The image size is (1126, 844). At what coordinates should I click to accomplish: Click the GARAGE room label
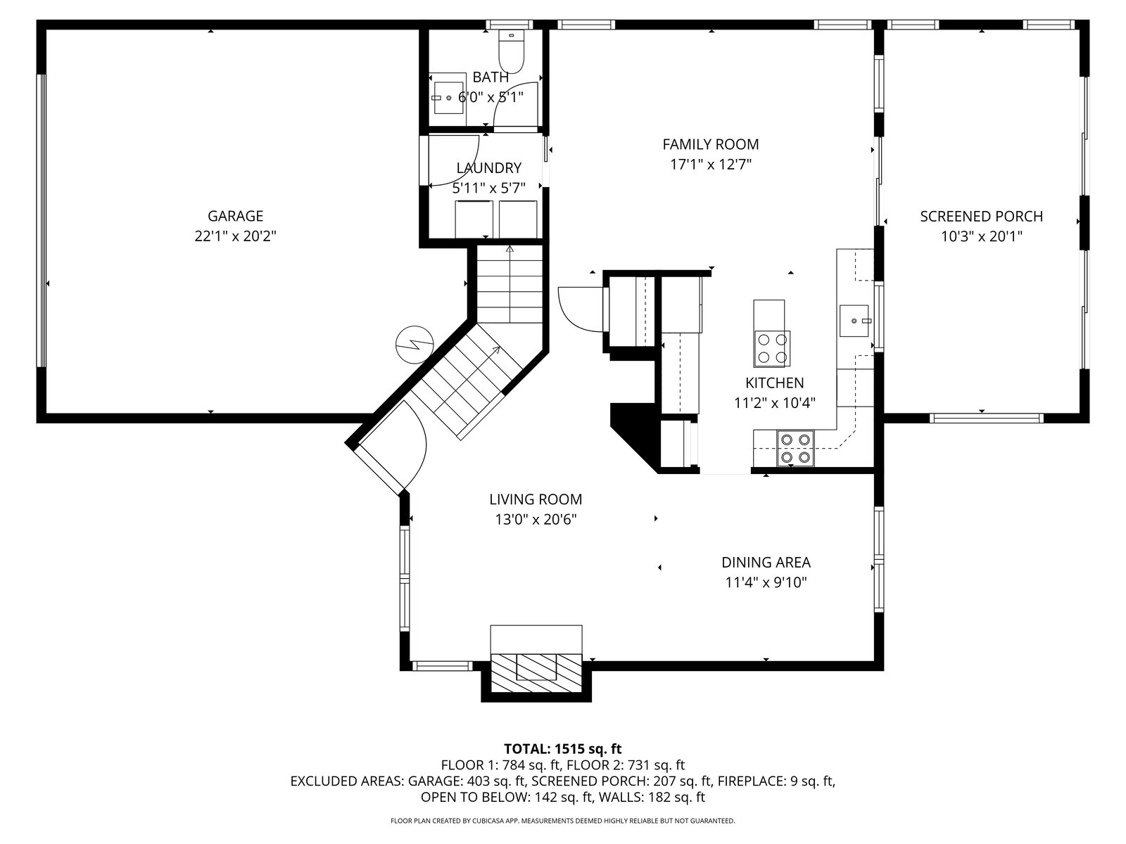(235, 216)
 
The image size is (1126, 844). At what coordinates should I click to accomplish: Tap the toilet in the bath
(511, 51)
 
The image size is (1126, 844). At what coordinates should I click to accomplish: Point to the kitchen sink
(854, 321)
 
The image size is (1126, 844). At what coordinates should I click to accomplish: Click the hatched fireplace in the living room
(536, 673)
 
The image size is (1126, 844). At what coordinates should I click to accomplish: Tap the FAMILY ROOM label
(711, 144)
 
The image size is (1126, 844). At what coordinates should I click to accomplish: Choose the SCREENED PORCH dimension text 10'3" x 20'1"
(981, 236)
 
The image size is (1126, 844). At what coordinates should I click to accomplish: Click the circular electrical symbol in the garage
(415, 345)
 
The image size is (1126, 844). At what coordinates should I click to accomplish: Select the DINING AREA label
(766, 562)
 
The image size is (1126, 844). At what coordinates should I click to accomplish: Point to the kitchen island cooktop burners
(772, 348)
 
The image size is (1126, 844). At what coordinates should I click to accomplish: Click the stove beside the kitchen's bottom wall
(795, 449)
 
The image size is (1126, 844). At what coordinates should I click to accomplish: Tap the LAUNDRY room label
(489, 168)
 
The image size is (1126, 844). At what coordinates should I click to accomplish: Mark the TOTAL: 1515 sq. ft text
(563, 748)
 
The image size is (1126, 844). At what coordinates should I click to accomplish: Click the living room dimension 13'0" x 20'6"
(536, 520)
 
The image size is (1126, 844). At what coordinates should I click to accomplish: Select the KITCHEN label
(775, 383)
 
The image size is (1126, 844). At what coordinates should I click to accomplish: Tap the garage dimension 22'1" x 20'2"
(235, 236)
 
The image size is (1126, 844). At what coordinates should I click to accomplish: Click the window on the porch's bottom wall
(986, 418)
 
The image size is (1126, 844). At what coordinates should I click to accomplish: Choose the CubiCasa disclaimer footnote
(563, 821)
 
